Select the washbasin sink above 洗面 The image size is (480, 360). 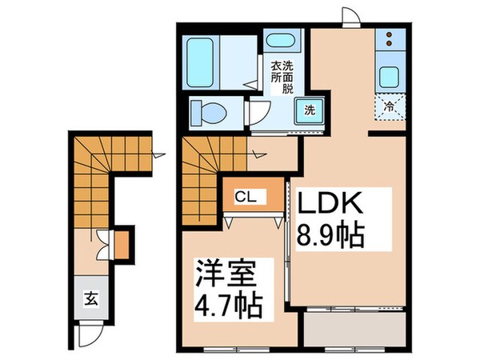pyautogui.click(x=280, y=42)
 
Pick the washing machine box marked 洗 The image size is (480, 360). pyautogui.click(x=310, y=110)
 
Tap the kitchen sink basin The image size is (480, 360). pyautogui.click(x=390, y=78)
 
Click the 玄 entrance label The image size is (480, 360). pyautogui.click(x=90, y=300)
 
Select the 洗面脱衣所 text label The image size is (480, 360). pyautogui.click(x=281, y=78)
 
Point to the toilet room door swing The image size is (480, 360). pyautogui.click(x=258, y=112)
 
